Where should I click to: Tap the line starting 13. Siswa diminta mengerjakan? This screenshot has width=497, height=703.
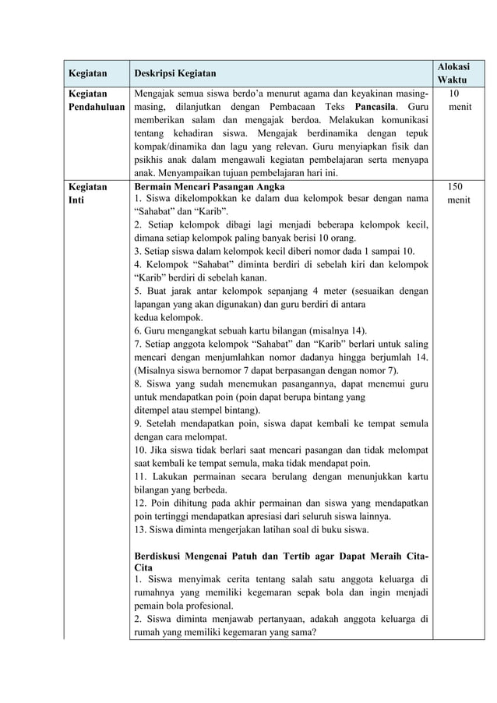tap(263, 530)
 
